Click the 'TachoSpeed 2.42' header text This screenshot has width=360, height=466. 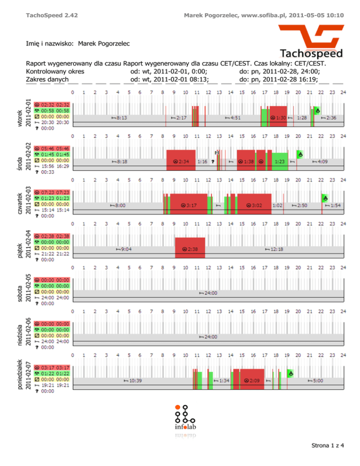pos(52,15)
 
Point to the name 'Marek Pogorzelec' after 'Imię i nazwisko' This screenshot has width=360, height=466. pos(104,44)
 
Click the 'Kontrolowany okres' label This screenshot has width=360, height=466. pos(55,72)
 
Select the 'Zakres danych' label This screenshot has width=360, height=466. pos(47,80)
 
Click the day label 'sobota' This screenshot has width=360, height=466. pos(19,291)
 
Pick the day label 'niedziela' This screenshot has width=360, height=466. pos(19,334)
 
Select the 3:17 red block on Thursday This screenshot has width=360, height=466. pos(188,205)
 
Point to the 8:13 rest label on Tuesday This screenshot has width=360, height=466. pos(119,118)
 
